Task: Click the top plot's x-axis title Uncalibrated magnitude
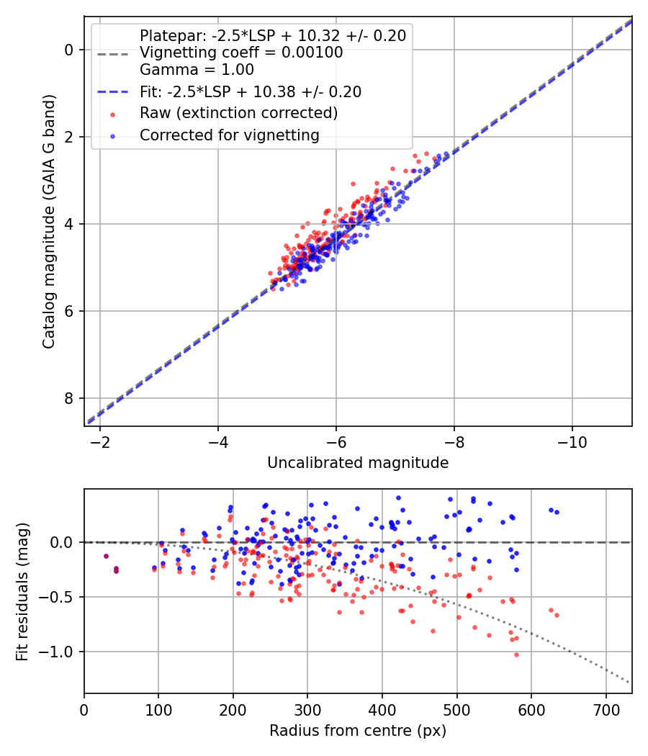[x=358, y=463]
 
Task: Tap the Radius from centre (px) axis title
[x=358, y=731]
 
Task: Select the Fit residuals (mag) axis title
[x=23, y=591]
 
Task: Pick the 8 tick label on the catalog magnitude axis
[x=68, y=398]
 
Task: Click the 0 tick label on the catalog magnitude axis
[x=68, y=50]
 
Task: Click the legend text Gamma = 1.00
[x=197, y=71]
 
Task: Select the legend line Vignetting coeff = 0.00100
[x=241, y=53]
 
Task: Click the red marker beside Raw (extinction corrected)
[x=112, y=114]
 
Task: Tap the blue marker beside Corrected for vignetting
[x=112, y=135]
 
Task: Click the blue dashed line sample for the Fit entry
[x=112, y=92]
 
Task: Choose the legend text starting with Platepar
[x=272, y=36]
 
